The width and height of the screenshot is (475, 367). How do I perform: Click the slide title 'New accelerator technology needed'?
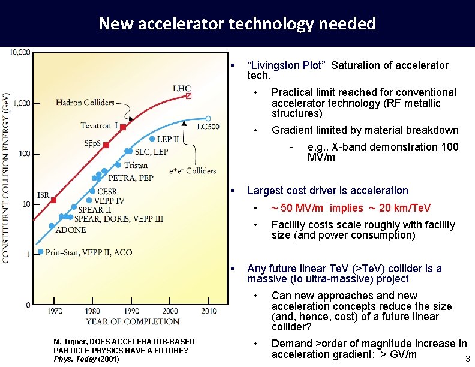pos(237,23)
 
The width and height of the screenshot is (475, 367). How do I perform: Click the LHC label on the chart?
pos(182,89)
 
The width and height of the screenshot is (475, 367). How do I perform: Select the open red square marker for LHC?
pos(189,96)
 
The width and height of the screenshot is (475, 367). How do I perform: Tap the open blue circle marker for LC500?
pos(208,118)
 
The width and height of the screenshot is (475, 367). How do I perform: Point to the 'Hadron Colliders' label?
pos(85,103)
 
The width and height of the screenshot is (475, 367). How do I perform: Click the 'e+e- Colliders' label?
pos(192,171)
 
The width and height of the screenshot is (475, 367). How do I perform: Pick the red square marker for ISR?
pos(53,200)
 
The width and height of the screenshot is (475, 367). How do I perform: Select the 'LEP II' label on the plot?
pos(167,139)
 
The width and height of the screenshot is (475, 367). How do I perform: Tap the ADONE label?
pos(70,230)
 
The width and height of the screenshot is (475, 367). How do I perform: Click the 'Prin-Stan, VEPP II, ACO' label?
pos(89,252)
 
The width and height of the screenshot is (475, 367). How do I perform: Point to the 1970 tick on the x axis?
pos(54,311)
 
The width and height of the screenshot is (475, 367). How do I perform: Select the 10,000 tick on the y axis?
pos(20,53)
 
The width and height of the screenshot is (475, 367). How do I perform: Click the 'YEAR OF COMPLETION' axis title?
pos(132,321)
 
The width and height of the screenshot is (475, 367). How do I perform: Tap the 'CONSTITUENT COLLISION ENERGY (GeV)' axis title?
pos(6,177)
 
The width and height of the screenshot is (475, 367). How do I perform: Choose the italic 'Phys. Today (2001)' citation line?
pos(86,359)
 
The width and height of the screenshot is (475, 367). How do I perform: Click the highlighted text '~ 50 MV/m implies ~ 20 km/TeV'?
pos(350,208)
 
